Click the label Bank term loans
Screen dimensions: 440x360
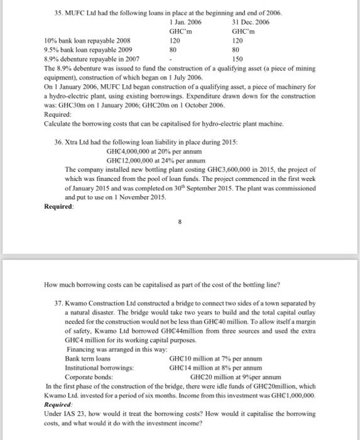(84, 358)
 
